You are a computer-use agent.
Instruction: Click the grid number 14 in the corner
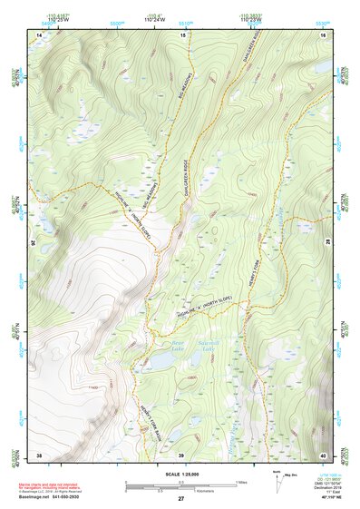click(x=39, y=34)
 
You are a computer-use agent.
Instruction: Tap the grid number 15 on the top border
click(x=181, y=34)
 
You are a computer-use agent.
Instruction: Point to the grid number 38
click(x=39, y=454)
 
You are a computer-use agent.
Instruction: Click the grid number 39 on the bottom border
click(x=181, y=455)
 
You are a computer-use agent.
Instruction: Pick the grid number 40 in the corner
click(x=323, y=454)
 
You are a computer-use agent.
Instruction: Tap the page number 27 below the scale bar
click(x=181, y=500)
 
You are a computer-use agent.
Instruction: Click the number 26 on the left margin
click(x=35, y=243)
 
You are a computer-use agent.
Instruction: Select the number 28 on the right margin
click(x=326, y=243)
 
